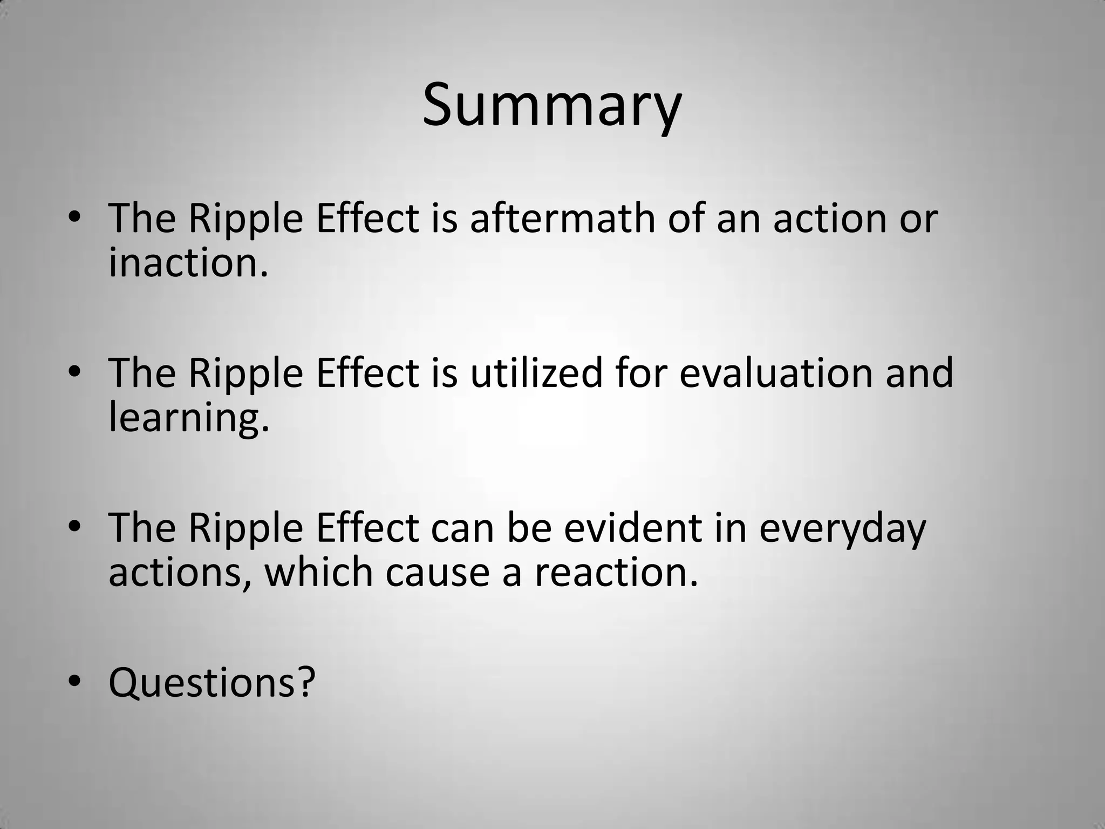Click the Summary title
tap(552, 105)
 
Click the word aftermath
tap(562, 219)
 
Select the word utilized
tap(536, 373)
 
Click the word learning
tap(188, 418)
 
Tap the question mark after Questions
tap(305, 682)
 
